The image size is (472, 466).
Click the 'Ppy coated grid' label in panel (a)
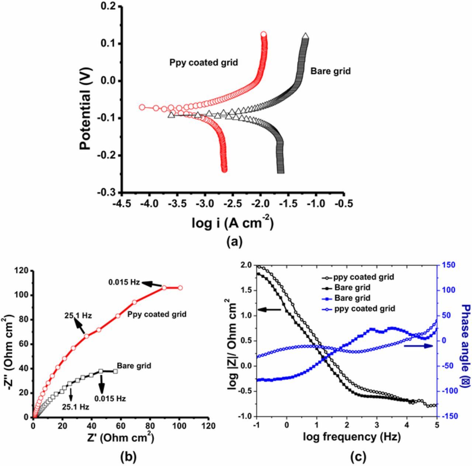coord(204,62)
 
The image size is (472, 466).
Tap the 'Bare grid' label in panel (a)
coord(330,71)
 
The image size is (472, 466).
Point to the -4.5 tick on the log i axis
coord(121,204)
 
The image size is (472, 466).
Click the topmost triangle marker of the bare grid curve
coord(305,36)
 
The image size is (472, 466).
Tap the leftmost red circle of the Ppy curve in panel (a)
coord(142,107)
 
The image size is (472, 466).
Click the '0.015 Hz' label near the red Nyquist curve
coord(124,282)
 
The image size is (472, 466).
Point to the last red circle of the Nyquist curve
coord(180,288)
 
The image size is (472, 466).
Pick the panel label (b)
coord(129,457)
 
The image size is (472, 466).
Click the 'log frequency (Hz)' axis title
coord(351,437)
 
